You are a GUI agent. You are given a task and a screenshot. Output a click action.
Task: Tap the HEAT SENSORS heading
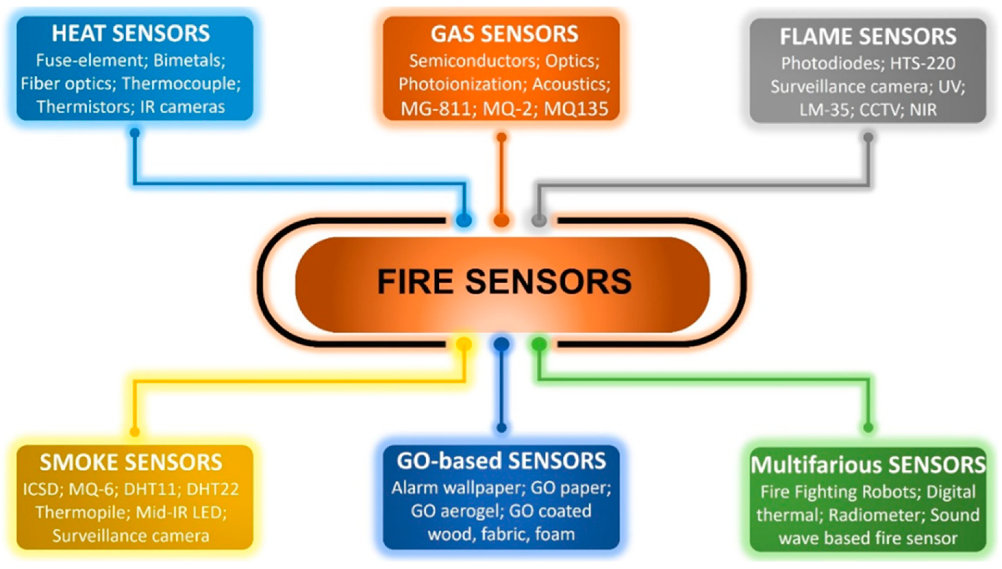point(131,34)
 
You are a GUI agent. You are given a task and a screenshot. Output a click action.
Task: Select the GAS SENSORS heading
point(504,34)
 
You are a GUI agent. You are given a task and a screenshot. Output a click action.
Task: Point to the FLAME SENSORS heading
point(868,36)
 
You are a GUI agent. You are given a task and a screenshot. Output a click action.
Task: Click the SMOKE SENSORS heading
point(131,463)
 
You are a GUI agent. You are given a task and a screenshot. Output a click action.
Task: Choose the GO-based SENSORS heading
point(501,461)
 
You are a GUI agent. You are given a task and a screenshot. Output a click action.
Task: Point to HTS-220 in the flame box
point(923,63)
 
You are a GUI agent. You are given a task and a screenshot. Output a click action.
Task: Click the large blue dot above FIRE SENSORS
point(464,220)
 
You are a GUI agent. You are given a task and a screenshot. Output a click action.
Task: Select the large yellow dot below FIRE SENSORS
point(464,344)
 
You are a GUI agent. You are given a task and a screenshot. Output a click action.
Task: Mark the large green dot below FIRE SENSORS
point(539,344)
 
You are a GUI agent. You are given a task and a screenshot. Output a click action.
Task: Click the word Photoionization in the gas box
point(460,84)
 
